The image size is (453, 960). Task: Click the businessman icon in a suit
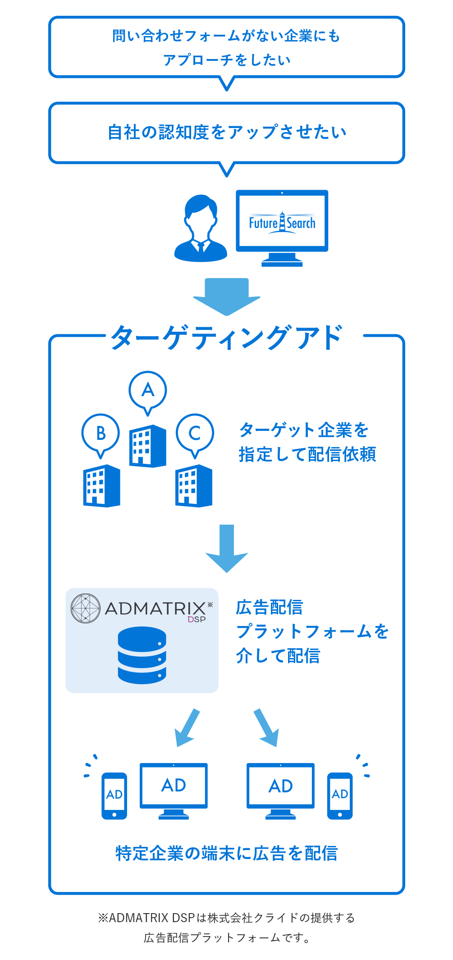tap(201, 229)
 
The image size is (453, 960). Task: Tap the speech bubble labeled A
tap(148, 390)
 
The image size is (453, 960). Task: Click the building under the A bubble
tap(148, 446)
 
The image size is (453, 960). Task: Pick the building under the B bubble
tap(102, 486)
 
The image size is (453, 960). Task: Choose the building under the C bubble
tap(194, 486)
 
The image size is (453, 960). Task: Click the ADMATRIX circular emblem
tap(86, 608)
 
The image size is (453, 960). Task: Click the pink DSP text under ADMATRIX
tap(197, 619)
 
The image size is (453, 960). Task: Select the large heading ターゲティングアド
tap(227, 337)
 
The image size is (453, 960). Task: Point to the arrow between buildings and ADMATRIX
tap(227, 548)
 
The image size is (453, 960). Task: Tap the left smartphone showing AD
tap(114, 795)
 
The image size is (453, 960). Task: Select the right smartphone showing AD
tap(340, 795)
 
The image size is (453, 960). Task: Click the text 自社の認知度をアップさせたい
tap(227, 132)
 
